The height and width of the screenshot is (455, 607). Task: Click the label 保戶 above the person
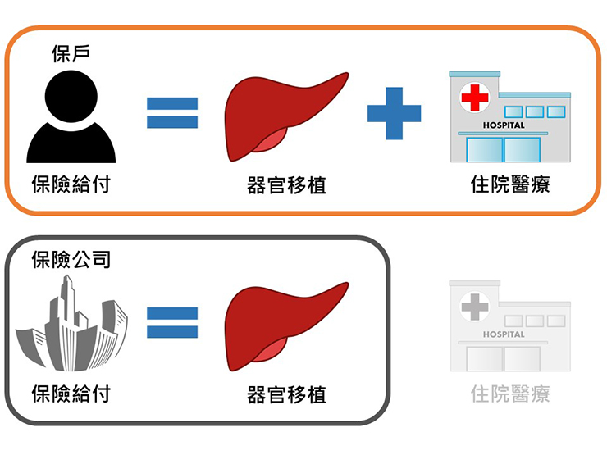click(x=71, y=55)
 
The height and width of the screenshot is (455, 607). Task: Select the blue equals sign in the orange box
click(x=172, y=113)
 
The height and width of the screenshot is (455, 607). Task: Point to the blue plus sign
click(x=394, y=111)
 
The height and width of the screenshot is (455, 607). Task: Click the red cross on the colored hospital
click(x=474, y=98)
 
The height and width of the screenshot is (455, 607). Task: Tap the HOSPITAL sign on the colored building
click(x=504, y=125)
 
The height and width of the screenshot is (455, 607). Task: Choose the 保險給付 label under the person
click(x=71, y=184)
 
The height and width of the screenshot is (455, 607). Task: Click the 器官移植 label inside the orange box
click(x=286, y=185)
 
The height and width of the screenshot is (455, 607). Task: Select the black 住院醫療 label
click(x=509, y=184)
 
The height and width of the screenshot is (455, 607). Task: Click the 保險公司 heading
click(x=71, y=261)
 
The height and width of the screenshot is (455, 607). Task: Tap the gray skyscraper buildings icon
click(x=72, y=325)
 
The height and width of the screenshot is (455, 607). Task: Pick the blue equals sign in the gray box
click(x=172, y=323)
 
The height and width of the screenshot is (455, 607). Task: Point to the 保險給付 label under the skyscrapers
click(x=71, y=394)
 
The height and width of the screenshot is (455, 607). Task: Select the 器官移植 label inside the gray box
click(x=286, y=394)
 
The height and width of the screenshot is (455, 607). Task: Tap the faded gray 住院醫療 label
click(x=509, y=394)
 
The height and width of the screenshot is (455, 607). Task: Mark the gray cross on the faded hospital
click(x=473, y=307)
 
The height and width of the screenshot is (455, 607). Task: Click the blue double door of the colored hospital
click(x=504, y=150)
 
